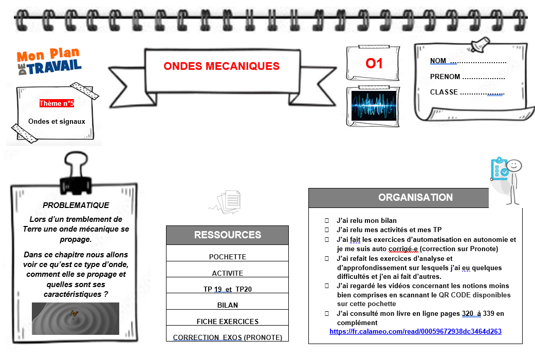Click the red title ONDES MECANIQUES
pyautogui.click(x=222, y=66)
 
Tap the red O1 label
pyautogui.click(x=374, y=64)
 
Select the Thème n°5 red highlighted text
pyautogui.click(x=57, y=103)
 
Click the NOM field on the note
pyautogui.click(x=468, y=61)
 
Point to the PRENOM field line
pyautogui.click(x=467, y=77)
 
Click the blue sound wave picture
pyautogui.click(x=374, y=106)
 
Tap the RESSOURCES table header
pyautogui.click(x=227, y=235)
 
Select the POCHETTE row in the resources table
pyautogui.click(x=227, y=257)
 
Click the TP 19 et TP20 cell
pyautogui.click(x=227, y=289)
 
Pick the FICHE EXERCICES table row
pyautogui.click(x=227, y=321)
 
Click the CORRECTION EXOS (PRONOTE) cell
pyautogui.click(x=227, y=337)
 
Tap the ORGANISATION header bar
pyautogui.click(x=398, y=198)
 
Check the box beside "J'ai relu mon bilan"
pyautogui.click(x=326, y=220)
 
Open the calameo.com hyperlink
pyautogui.click(x=415, y=331)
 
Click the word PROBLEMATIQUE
pyautogui.click(x=76, y=205)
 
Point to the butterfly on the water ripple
pyautogui.click(x=74, y=313)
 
